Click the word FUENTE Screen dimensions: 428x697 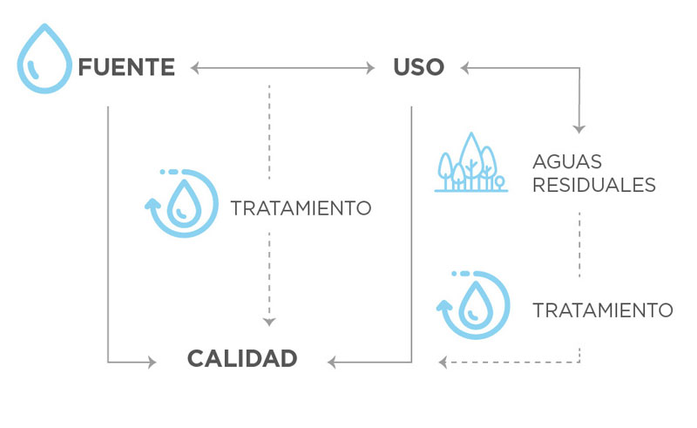click(x=126, y=67)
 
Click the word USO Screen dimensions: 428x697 click(x=418, y=67)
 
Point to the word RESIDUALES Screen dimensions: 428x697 click(x=592, y=185)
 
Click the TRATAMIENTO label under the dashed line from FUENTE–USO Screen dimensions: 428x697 click(x=301, y=209)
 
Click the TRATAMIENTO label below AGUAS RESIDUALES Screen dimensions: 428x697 click(x=602, y=310)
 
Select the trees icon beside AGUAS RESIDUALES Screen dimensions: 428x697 click(x=470, y=164)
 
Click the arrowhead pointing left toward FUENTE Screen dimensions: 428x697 click(x=196, y=67)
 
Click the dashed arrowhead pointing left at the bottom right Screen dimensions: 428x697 click(x=444, y=360)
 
